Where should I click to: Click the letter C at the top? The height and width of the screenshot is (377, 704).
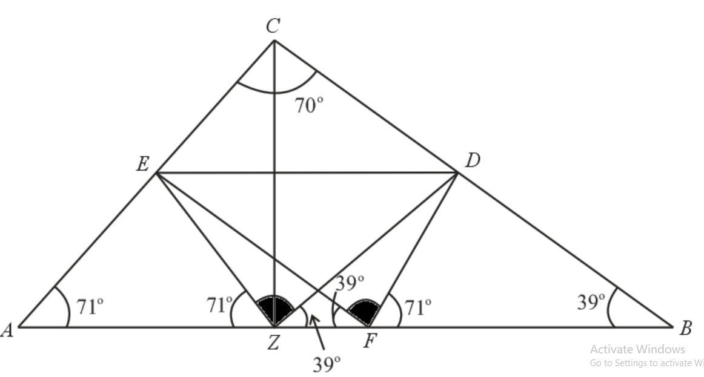click(273, 26)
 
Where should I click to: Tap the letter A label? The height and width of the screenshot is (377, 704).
click(8, 329)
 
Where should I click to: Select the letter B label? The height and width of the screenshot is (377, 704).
click(686, 329)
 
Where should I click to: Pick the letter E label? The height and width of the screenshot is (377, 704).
click(142, 164)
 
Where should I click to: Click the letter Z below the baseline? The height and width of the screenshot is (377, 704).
click(273, 343)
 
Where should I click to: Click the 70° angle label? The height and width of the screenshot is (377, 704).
click(309, 105)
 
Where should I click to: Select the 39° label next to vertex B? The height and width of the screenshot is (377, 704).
click(591, 301)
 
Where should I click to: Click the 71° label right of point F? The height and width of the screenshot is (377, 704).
click(418, 307)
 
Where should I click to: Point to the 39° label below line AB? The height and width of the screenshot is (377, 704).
click(327, 364)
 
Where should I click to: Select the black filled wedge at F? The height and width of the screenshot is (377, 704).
click(364, 311)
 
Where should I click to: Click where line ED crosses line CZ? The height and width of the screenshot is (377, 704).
click(274, 173)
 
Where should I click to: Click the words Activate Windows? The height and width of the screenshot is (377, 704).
click(637, 349)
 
